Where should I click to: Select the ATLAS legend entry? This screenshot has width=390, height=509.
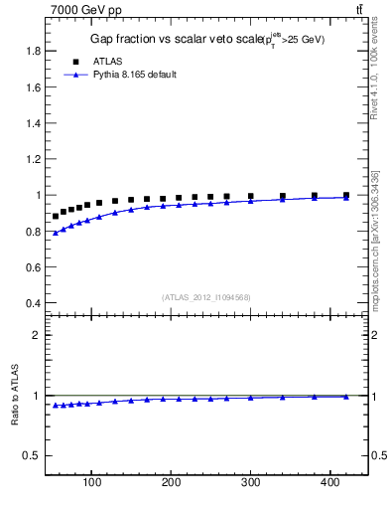[107, 61]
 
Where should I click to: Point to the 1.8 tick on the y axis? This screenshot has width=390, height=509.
[33, 51]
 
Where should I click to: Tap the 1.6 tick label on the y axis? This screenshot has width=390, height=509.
[33, 86]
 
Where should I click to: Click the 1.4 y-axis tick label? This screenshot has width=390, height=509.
[33, 123]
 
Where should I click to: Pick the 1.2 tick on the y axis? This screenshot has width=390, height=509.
[33, 159]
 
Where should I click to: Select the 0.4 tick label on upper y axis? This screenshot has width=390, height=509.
[33, 303]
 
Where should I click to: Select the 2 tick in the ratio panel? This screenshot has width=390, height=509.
[36, 335]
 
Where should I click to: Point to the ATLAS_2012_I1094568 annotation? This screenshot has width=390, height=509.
[205, 296]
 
